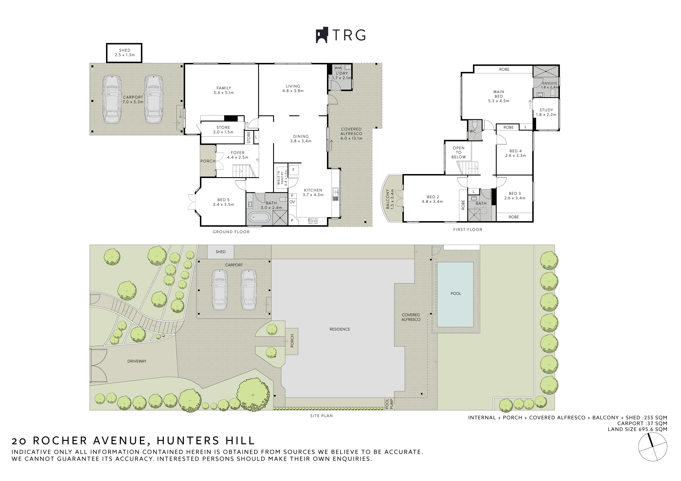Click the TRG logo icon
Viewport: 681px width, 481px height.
[x=322, y=35]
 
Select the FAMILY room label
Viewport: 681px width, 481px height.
[x=224, y=88]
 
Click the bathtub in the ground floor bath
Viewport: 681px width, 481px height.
[x=259, y=217]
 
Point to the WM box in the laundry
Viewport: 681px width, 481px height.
[x=338, y=68]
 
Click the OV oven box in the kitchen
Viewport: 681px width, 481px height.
[x=292, y=202]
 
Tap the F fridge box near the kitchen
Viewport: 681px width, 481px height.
[x=293, y=170]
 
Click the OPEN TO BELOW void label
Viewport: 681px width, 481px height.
[x=459, y=152]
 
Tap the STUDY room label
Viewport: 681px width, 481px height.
[x=546, y=110]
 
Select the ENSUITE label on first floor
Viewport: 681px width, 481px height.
[x=550, y=83]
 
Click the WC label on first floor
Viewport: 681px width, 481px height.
[x=473, y=131]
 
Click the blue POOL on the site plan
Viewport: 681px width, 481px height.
[x=455, y=294]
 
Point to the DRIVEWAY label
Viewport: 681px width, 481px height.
[x=137, y=361]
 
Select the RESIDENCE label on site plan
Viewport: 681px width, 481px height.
[x=340, y=329]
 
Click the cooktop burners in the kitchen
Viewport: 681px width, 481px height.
[x=313, y=221]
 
